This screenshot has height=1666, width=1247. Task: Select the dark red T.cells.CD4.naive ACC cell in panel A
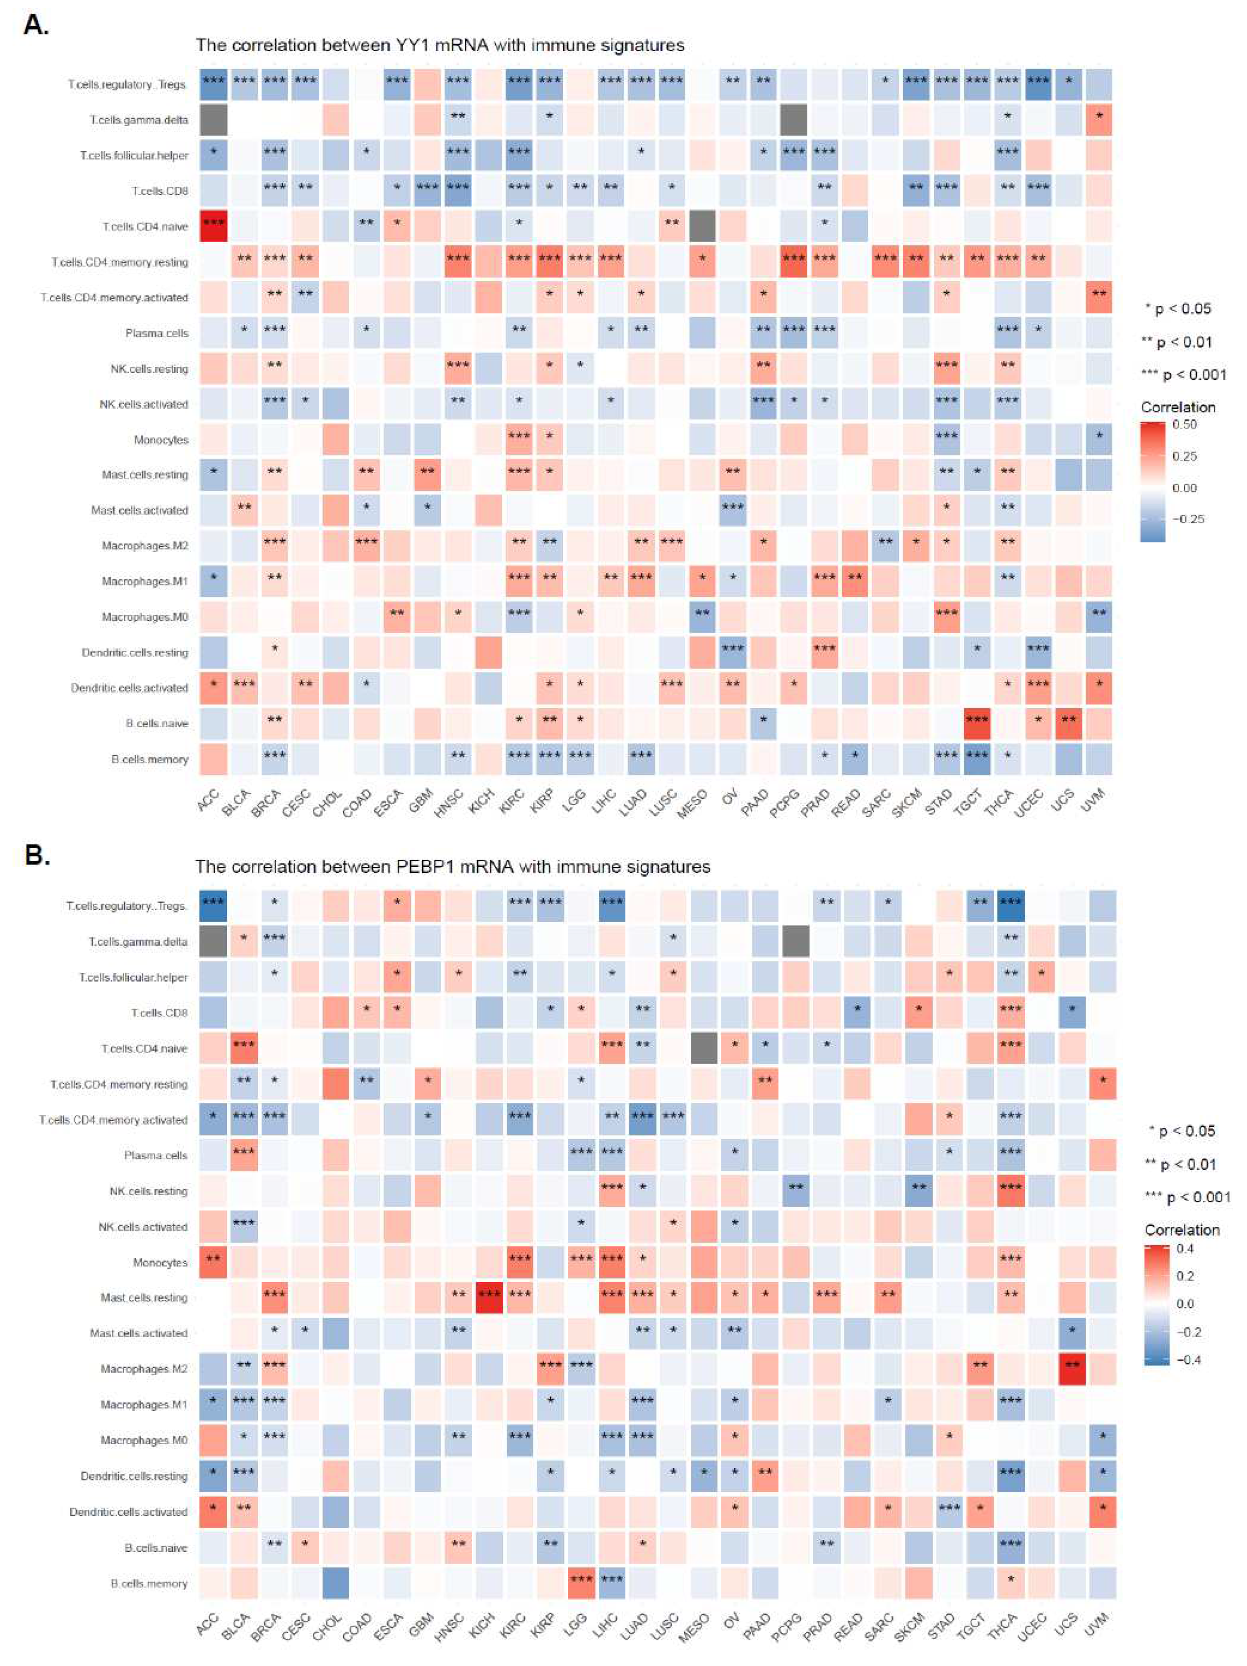[x=213, y=226]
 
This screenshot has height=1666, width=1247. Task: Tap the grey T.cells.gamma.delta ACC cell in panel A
[x=213, y=119]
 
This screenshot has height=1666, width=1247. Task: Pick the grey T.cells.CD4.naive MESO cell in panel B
[x=703, y=1048]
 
